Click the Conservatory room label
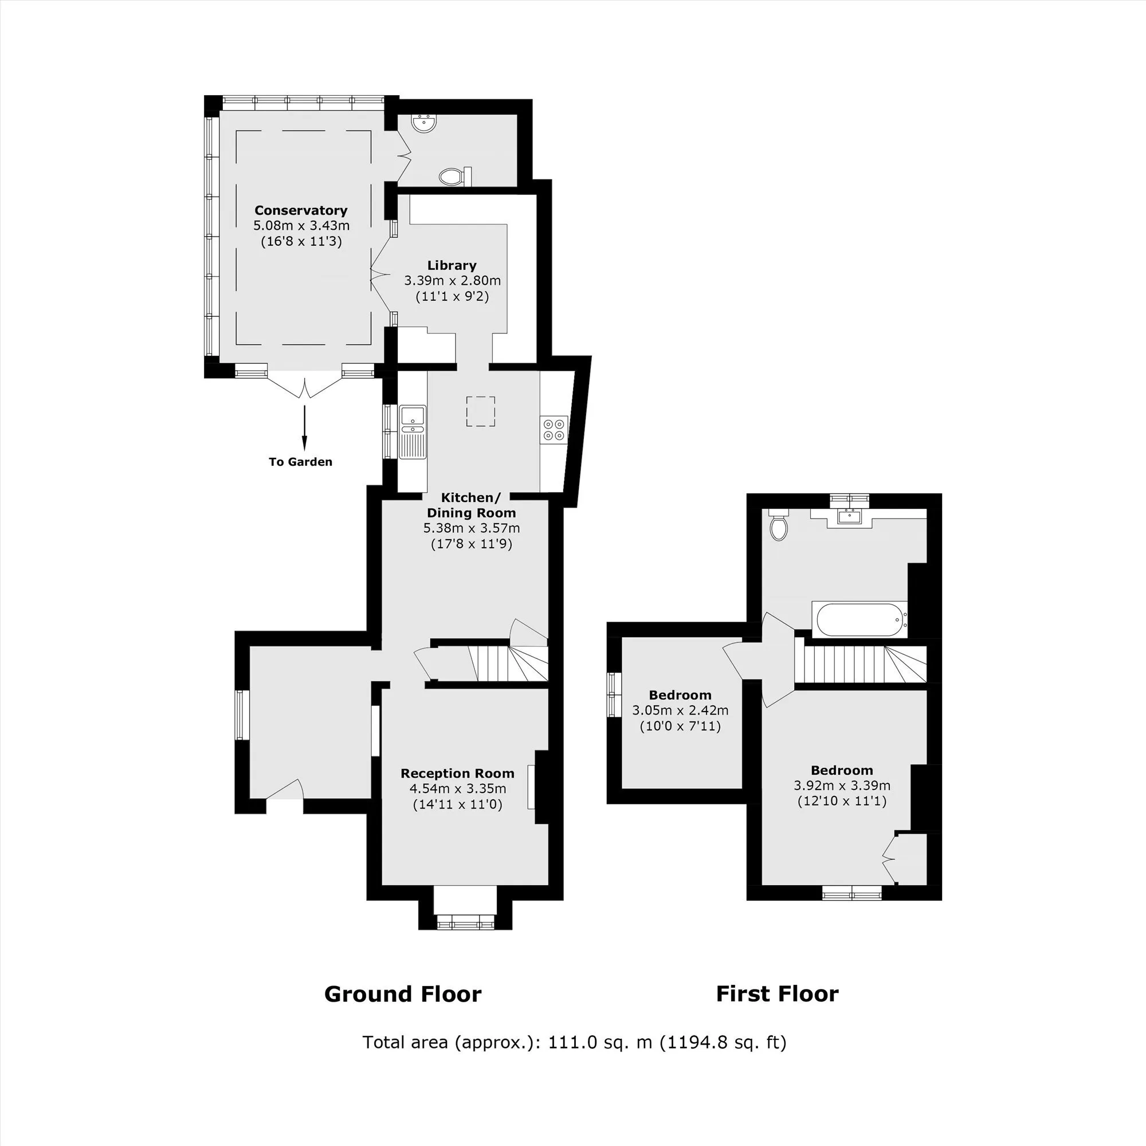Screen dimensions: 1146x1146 [x=301, y=210]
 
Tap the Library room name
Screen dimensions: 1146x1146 [x=452, y=265]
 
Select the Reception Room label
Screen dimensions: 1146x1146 [x=457, y=774]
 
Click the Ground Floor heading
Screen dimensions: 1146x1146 [x=403, y=994]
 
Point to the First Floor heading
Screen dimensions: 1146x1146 [x=777, y=994]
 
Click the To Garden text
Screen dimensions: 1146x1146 [x=300, y=461]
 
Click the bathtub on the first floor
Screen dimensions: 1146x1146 [x=859, y=619]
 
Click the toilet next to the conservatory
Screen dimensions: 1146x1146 [x=455, y=175]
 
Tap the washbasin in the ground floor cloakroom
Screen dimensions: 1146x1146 [x=424, y=123]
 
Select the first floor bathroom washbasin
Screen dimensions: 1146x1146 [x=849, y=517]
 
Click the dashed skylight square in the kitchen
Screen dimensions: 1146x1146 [x=481, y=411]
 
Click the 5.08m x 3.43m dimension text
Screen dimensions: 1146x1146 [x=301, y=225]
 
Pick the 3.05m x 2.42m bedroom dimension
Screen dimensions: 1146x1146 [x=680, y=710]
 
